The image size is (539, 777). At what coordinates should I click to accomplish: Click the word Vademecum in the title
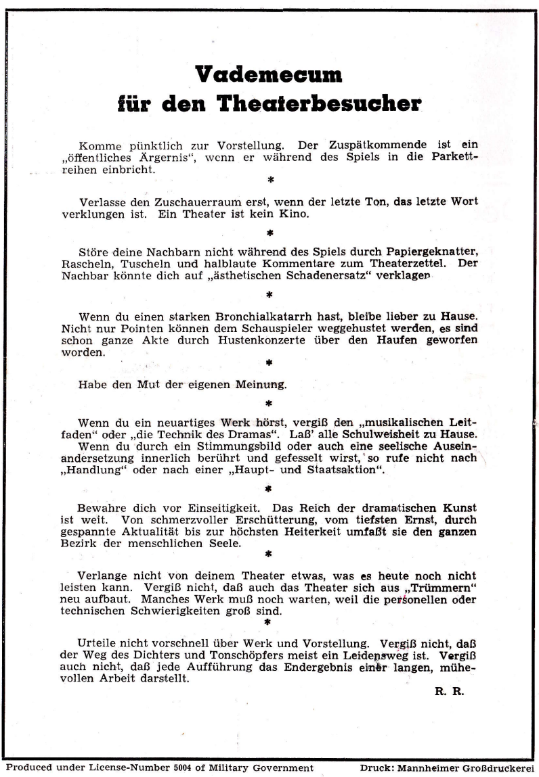[268, 74]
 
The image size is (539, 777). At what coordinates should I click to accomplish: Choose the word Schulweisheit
[384, 433]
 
